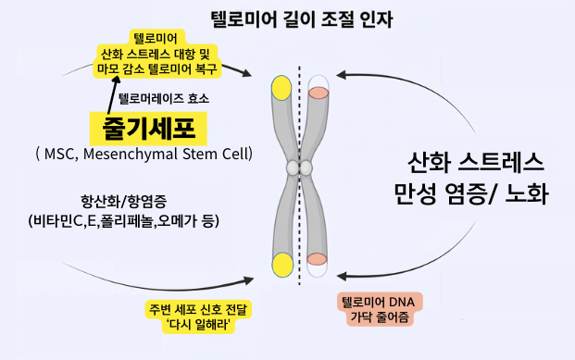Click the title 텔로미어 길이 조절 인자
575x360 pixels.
pyautogui.click(x=302, y=19)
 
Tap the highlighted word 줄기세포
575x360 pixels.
pyautogui.click(x=148, y=129)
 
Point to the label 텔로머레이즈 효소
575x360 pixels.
pyautogui.click(x=164, y=99)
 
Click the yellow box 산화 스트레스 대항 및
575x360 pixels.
pyautogui.click(x=156, y=55)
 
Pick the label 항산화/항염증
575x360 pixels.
pyautogui.click(x=123, y=201)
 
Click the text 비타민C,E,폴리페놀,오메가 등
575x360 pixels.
pyautogui.click(x=124, y=220)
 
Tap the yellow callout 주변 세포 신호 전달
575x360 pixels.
pyautogui.click(x=197, y=310)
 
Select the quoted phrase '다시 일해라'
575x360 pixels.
pyautogui.click(x=198, y=325)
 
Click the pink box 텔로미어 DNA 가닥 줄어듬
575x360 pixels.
pyautogui.click(x=380, y=309)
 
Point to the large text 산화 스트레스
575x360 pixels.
pyautogui.click(x=475, y=162)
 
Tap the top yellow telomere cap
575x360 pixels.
pyautogui.click(x=281, y=88)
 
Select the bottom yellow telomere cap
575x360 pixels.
pyautogui.click(x=282, y=265)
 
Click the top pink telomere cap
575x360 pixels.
pyautogui.click(x=318, y=93)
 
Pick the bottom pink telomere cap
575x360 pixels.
pyautogui.click(x=317, y=259)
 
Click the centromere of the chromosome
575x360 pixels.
pyautogui.click(x=299, y=168)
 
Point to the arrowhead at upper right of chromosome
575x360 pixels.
pyautogui.click(x=341, y=75)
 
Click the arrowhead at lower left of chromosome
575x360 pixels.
pyautogui.click(x=249, y=280)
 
